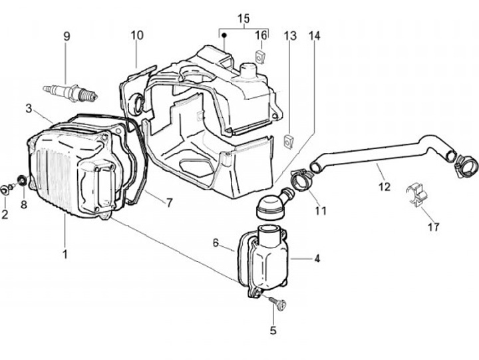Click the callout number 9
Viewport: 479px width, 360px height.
(66, 36)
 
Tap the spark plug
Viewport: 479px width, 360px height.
(70, 92)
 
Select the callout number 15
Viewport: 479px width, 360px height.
(243, 17)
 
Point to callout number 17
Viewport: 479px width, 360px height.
(434, 226)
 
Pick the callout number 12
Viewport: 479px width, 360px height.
(385, 188)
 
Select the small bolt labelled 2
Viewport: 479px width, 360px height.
(6, 189)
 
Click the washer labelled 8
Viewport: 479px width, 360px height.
(22, 180)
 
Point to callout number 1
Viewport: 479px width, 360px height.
(65, 254)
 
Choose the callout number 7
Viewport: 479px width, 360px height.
(169, 203)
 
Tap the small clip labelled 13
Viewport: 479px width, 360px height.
(289, 141)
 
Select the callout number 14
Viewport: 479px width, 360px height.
(314, 36)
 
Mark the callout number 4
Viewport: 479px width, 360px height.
(317, 258)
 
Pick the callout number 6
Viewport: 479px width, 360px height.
(216, 244)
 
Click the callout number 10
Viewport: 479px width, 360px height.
(136, 35)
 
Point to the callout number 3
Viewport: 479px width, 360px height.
(29, 108)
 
